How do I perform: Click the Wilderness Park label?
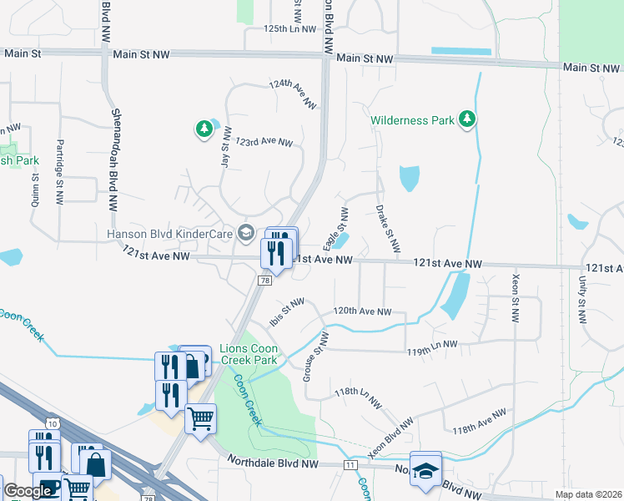(x=413, y=120)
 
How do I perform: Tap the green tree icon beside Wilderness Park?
(x=468, y=119)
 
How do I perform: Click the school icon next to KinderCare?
(x=246, y=233)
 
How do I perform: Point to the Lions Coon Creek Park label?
(x=254, y=353)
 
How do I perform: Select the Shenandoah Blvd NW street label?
(x=113, y=159)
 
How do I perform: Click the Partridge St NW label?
(x=59, y=171)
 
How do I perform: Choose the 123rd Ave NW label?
(x=264, y=142)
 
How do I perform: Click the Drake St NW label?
(x=387, y=228)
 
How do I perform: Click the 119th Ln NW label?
(x=431, y=344)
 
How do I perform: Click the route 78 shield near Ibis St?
(x=264, y=281)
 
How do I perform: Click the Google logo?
(x=28, y=492)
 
